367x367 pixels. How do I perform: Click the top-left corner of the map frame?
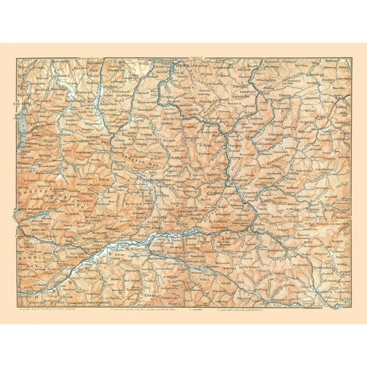pos(16,57)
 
